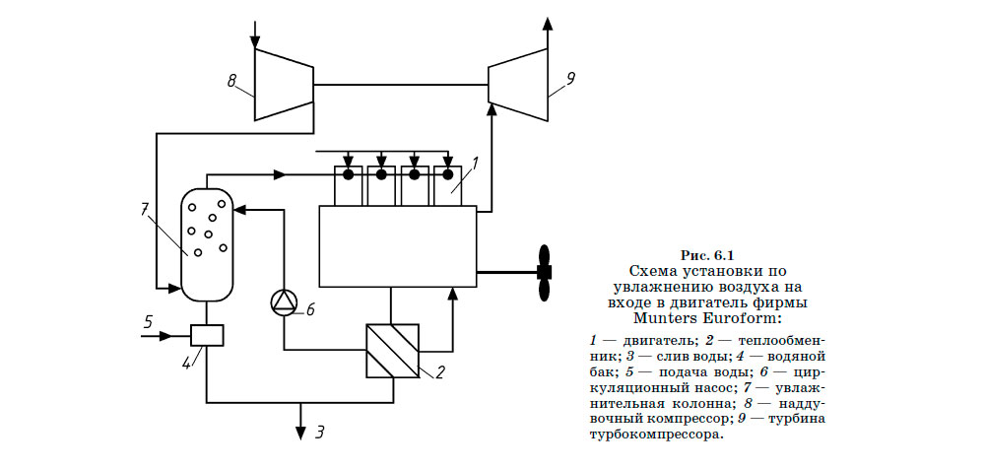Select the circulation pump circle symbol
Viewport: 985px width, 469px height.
(x=284, y=301)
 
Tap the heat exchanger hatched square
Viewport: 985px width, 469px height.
(x=392, y=350)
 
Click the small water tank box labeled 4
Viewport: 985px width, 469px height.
(x=207, y=335)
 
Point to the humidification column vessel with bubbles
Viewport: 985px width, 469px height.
(x=206, y=242)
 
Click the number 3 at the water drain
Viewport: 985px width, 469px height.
(x=320, y=431)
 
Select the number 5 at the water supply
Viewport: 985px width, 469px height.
(x=148, y=321)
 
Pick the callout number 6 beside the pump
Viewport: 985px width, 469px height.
(x=309, y=309)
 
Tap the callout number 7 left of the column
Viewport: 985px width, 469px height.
(x=144, y=208)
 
